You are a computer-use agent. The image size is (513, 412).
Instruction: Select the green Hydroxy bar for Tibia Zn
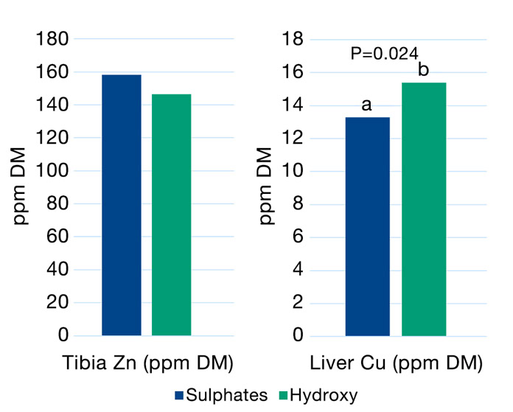(172, 214)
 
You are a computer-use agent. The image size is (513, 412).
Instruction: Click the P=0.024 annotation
(385, 53)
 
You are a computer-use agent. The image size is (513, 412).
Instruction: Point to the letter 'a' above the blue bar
(366, 105)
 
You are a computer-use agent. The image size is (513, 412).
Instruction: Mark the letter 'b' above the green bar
(423, 71)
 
